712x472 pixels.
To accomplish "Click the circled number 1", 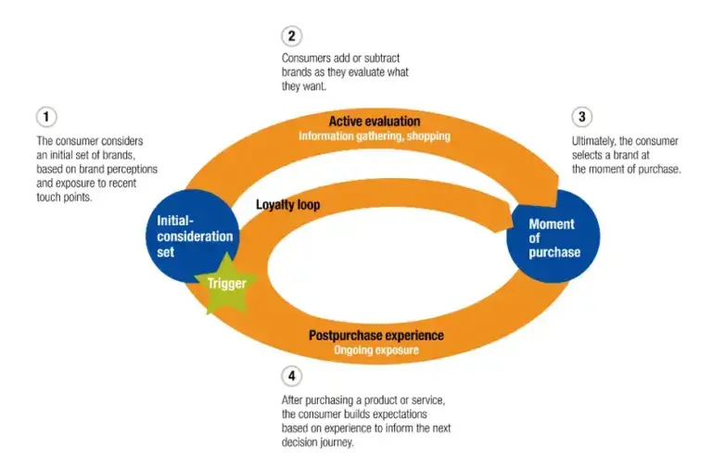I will (46, 117).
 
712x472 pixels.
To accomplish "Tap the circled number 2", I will (291, 36).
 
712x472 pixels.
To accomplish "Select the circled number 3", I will (581, 117).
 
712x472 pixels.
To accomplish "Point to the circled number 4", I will (291, 376).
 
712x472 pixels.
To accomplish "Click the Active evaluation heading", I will (374, 121).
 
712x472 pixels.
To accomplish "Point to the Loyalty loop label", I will (287, 204).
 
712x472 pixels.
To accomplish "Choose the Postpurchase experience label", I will (376, 335).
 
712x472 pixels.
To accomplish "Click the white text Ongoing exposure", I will (376, 350).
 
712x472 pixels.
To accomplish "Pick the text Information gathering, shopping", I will (374, 136).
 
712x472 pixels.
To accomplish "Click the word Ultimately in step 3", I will (597, 142).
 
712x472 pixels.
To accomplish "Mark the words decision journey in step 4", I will (320, 441).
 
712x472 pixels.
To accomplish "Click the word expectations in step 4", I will (413, 415).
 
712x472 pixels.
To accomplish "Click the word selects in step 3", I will (590, 155).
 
